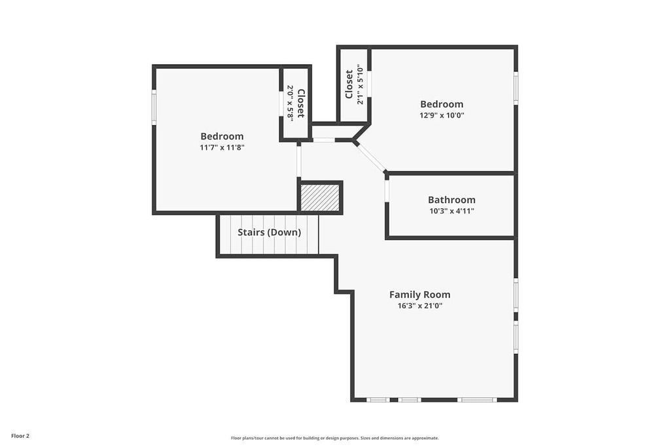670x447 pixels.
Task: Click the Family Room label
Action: [x=419, y=295]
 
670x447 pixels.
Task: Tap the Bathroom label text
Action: [x=451, y=200]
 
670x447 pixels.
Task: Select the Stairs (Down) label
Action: [x=269, y=232]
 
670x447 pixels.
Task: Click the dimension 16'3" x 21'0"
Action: [x=419, y=306]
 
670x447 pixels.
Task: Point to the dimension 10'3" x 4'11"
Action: [x=451, y=211]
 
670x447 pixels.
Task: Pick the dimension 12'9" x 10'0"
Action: [x=442, y=115]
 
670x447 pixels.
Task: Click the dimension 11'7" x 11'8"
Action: [x=222, y=147]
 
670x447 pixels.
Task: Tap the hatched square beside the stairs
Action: [x=321, y=198]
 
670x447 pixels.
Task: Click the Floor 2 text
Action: [x=20, y=435]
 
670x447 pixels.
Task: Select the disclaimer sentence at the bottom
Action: [x=334, y=438]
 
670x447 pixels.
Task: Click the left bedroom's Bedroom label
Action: [x=222, y=136]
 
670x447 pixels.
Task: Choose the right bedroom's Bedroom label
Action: [x=442, y=104]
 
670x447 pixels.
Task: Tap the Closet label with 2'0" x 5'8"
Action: [x=300, y=103]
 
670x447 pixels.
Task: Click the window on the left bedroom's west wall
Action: [x=154, y=107]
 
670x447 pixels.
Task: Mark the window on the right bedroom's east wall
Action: [x=516, y=88]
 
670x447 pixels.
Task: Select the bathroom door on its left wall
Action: [x=387, y=190]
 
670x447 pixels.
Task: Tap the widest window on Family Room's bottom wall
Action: [x=477, y=399]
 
